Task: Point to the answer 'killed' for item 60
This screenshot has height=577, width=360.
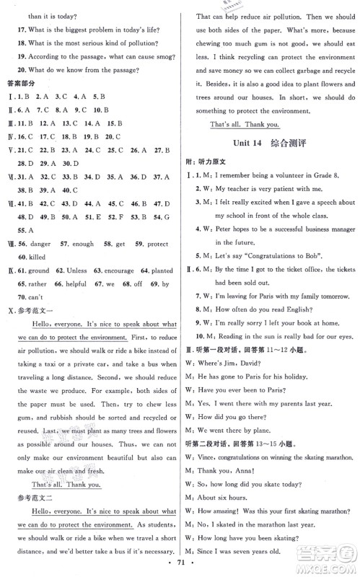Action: (37, 271)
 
